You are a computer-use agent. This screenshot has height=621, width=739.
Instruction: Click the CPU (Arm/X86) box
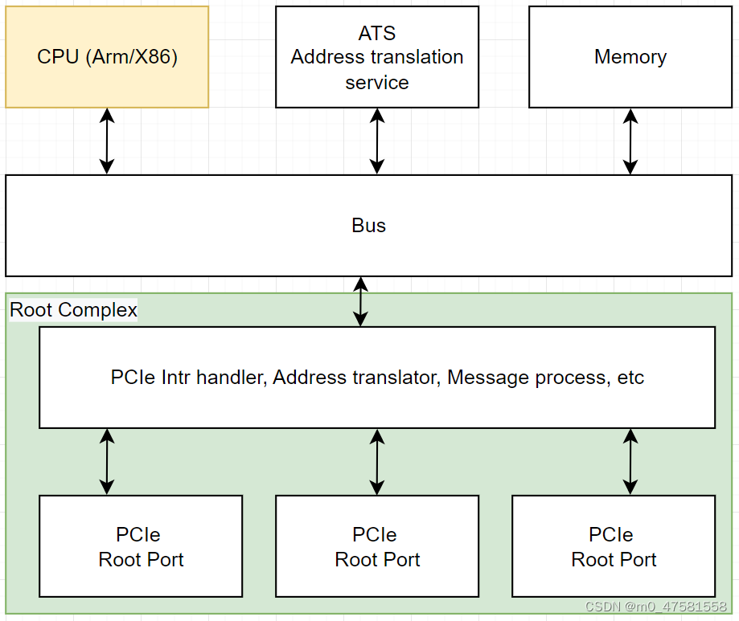pyautogui.click(x=107, y=57)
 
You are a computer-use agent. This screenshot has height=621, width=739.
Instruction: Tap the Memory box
pyautogui.click(x=630, y=57)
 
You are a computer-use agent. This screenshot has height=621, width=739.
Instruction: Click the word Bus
pyautogui.click(x=368, y=226)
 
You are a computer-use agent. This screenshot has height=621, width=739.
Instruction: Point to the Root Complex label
pyautogui.click(x=73, y=310)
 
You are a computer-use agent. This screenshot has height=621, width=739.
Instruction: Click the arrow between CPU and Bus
pyautogui.click(x=107, y=141)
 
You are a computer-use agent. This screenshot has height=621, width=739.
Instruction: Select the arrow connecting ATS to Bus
pyautogui.click(x=377, y=141)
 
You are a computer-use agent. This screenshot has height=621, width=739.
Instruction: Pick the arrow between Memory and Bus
pyautogui.click(x=630, y=141)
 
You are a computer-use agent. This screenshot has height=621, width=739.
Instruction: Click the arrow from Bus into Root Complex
pyautogui.click(x=361, y=301)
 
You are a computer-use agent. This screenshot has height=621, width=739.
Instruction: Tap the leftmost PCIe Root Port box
pyautogui.click(x=141, y=546)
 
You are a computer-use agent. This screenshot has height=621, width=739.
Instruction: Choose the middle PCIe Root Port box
pyautogui.click(x=377, y=546)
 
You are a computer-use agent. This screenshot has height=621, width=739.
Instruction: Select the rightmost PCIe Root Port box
pyautogui.click(x=614, y=546)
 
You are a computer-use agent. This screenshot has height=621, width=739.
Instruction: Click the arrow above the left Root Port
pyautogui.click(x=107, y=461)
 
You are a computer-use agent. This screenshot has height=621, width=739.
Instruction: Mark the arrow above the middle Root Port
pyautogui.click(x=377, y=461)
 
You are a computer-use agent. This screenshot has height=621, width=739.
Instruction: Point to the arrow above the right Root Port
pyautogui.click(x=630, y=461)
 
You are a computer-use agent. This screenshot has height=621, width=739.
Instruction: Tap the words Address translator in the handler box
pyautogui.click(x=354, y=377)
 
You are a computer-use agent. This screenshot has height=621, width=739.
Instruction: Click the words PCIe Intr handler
pyautogui.click(x=187, y=377)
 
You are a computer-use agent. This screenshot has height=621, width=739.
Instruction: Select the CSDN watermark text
pyautogui.click(x=655, y=607)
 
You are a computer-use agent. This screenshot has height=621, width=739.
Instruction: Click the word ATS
pyautogui.click(x=377, y=34)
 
